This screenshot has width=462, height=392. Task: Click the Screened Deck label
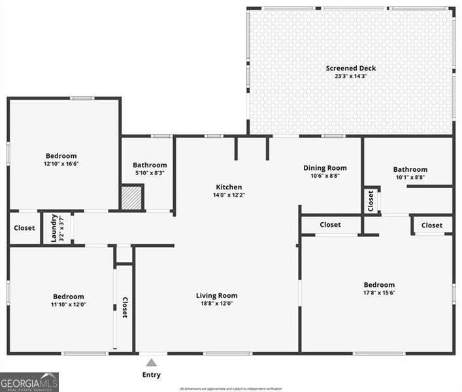point(351,68)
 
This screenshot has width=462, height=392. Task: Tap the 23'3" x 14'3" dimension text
point(351,76)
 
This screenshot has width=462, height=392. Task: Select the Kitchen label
point(229,187)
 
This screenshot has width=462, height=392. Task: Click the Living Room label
point(216,295)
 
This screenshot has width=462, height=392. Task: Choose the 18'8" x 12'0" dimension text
point(216,303)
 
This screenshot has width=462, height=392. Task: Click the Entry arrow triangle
point(151,363)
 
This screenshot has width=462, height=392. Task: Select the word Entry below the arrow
point(151,375)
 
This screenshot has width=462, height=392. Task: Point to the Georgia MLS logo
point(29,382)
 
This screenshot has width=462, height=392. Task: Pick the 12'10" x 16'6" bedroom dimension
point(61,163)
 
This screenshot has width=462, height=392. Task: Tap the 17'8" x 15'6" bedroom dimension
point(379,293)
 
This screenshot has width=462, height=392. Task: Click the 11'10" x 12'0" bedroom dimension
point(69,304)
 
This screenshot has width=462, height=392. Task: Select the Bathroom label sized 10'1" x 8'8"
point(410,169)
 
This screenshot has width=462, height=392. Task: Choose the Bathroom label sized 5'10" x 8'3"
point(150,165)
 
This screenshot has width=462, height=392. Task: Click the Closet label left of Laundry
point(24,228)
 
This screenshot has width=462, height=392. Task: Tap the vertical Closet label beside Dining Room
point(371,201)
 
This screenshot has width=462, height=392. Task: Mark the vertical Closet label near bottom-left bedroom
point(124,308)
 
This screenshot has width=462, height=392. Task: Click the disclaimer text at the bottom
point(231,389)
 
